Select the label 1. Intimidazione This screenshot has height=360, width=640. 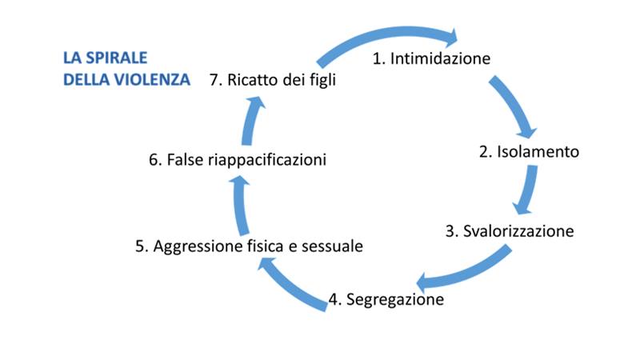[x=431, y=58]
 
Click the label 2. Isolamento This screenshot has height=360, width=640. [x=529, y=152]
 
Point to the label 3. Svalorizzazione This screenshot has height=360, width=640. [x=510, y=231]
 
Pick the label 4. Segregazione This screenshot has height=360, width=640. [x=386, y=299]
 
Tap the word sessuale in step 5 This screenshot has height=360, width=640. [x=332, y=246]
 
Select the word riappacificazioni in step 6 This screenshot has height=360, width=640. [x=267, y=160]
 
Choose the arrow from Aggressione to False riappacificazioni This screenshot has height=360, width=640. [x=241, y=206]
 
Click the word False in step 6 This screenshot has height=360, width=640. [x=185, y=159]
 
